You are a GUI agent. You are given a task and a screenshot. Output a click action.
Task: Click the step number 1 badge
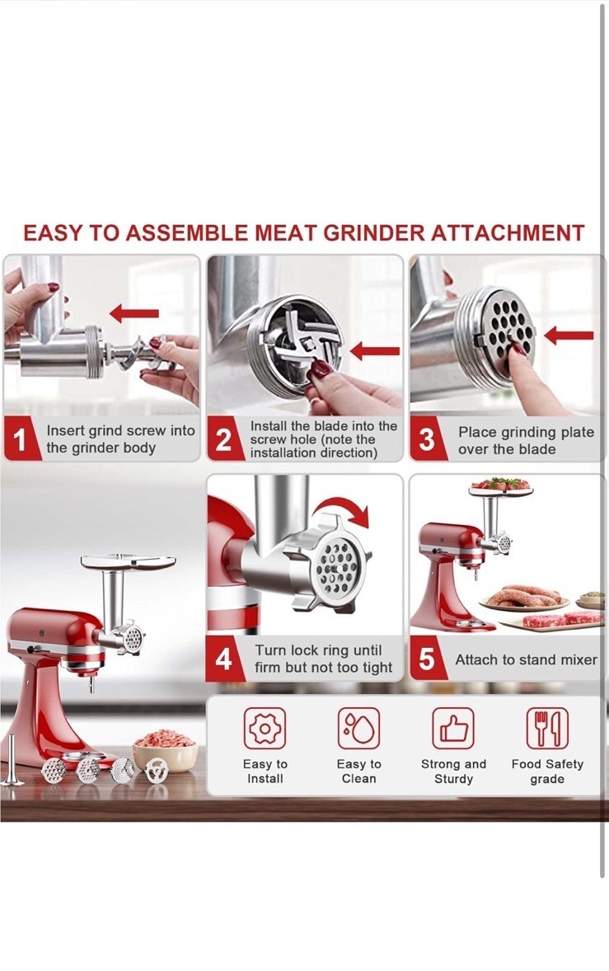click(x=21, y=439)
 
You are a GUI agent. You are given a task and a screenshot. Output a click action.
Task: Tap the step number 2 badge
click(x=223, y=439)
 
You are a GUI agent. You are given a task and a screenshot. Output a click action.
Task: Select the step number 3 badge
click(x=426, y=439)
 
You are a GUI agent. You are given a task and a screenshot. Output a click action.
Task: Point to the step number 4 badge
click(x=223, y=659)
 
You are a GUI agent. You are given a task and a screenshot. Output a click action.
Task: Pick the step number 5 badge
click(x=426, y=659)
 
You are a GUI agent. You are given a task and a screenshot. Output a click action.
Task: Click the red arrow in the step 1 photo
click(x=134, y=314)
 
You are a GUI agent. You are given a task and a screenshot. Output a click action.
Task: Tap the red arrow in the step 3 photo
click(x=569, y=335)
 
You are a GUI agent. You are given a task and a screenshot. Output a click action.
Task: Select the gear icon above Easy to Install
click(x=265, y=729)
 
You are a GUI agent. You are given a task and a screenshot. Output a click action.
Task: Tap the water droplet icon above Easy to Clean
click(x=359, y=729)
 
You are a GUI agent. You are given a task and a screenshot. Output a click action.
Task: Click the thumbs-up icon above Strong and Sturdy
click(x=453, y=729)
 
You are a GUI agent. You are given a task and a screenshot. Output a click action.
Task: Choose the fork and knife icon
click(x=547, y=729)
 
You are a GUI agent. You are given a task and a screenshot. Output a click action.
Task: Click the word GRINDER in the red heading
click(x=374, y=232)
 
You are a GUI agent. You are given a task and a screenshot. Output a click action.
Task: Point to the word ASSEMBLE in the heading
click(x=188, y=232)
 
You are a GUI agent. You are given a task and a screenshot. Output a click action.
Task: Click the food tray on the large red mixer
click(x=128, y=561)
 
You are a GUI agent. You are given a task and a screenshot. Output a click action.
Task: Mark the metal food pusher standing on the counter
click(x=12, y=761)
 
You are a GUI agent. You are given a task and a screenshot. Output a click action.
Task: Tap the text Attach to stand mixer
click(x=526, y=659)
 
